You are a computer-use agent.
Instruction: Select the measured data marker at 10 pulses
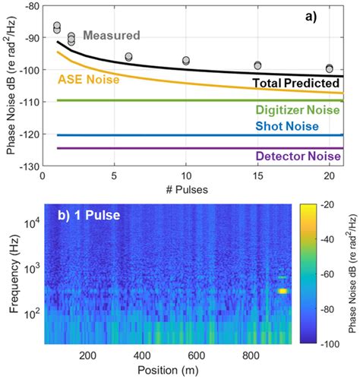coord(186,60)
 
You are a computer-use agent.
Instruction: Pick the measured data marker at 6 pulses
coord(128,57)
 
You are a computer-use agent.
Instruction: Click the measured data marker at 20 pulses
coord(329,68)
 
